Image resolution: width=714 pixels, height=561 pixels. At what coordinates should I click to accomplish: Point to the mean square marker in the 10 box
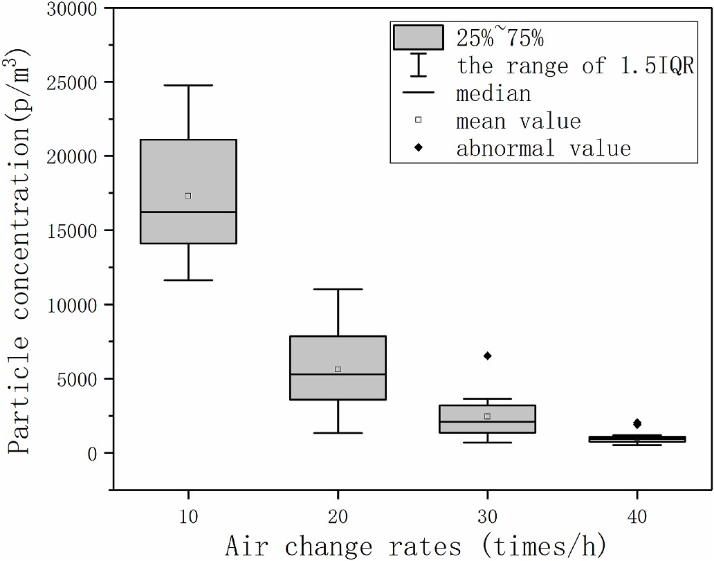188,196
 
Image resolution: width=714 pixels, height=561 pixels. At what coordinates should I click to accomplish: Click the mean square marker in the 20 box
338,369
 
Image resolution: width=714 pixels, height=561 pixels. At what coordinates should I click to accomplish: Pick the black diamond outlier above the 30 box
488,356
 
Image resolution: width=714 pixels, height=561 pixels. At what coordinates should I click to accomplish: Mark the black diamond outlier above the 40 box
637,423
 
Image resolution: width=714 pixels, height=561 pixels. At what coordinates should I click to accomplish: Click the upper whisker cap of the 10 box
188,85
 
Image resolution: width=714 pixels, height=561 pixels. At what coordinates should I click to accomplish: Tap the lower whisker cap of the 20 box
338,433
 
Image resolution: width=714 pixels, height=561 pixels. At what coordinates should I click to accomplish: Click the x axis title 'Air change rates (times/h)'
414,546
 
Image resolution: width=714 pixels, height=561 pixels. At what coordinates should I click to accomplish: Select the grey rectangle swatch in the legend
418,37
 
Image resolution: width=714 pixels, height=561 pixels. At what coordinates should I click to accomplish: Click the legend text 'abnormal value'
543,149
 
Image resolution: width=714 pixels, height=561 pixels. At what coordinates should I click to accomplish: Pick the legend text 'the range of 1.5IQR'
575,67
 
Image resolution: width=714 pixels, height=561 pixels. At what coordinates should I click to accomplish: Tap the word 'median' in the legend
493,93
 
